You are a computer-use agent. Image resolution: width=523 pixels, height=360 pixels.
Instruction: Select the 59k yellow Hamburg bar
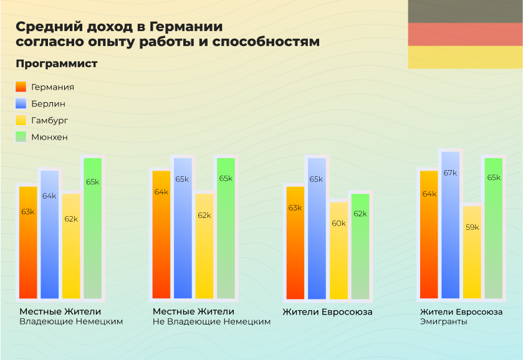[x=472, y=252]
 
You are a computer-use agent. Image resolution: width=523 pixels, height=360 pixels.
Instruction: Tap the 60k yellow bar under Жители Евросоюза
[x=338, y=250]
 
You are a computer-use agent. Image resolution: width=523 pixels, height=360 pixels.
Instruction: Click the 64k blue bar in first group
[x=49, y=234]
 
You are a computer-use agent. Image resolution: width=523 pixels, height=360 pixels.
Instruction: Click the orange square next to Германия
[x=21, y=87]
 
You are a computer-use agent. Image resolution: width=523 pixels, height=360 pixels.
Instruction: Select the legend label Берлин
[x=48, y=104]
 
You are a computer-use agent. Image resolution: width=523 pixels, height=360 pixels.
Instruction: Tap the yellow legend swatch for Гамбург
[x=21, y=120]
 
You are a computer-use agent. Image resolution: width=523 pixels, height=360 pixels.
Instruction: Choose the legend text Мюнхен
[x=49, y=137]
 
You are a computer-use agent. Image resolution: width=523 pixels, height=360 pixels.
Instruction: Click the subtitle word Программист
[x=57, y=64]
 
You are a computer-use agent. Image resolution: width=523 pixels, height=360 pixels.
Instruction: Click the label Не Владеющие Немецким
[x=211, y=322]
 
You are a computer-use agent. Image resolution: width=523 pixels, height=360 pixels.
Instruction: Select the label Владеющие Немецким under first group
[x=70, y=322]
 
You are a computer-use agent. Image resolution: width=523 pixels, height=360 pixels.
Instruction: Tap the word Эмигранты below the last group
[x=443, y=322]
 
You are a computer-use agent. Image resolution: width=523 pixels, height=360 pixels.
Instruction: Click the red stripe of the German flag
[x=465, y=34]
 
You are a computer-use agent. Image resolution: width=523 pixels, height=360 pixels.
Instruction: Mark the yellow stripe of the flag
[x=465, y=57]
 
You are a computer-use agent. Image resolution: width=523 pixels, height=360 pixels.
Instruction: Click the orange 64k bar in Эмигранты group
[x=429, y=234]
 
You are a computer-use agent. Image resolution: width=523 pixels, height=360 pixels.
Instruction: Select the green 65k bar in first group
[x=92, y=228]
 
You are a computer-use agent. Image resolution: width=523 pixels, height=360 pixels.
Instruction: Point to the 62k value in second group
[x=204, y=215]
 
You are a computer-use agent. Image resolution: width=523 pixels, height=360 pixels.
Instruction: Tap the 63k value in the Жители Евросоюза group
[x=295, y=207]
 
